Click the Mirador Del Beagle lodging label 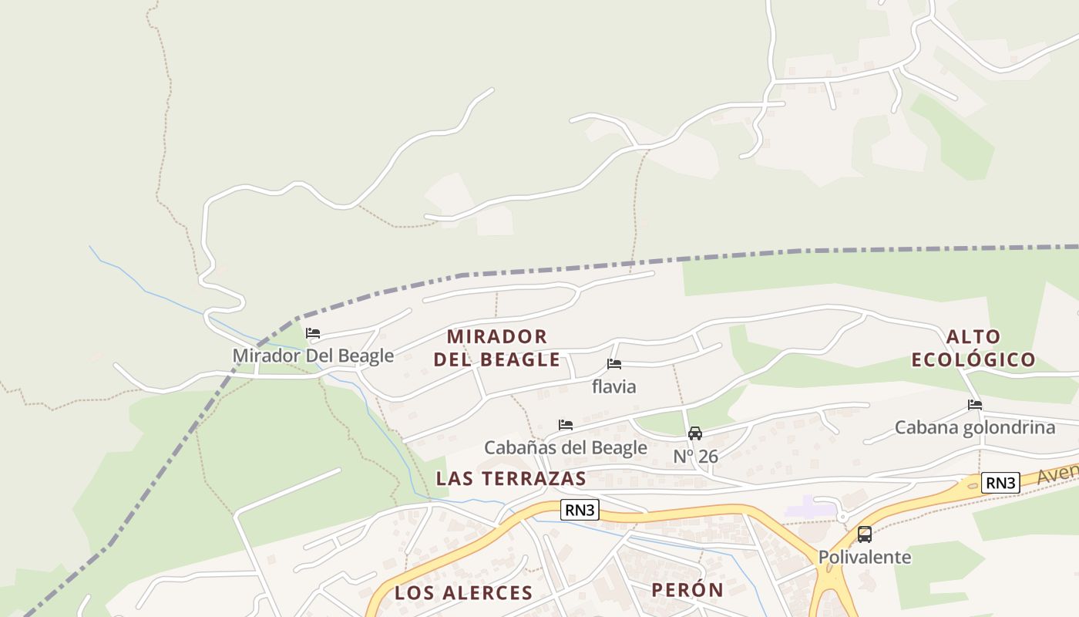pos(313,356)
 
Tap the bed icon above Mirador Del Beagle pos(313,334)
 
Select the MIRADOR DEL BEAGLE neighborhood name pos(497,348)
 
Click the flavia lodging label pos(614,386)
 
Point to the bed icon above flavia pos(614,364)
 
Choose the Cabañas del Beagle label pos(566,447)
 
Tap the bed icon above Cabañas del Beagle pos(566,425)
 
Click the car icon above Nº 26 pos(695,433)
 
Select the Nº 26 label pos(695,457)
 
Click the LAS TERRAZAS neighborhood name pos(511,478)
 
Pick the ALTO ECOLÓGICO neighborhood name pos(973,348)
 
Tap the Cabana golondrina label pos(975,427)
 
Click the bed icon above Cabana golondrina pos(975,405)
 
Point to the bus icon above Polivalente pos(865,534)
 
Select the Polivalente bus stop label pos(865,557)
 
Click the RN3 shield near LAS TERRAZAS pos(580,510)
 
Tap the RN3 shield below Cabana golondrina pos(1000,484)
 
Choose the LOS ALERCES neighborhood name pos(463,592)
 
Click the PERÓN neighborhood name pos(687,590)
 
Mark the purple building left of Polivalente pos(810,507)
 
